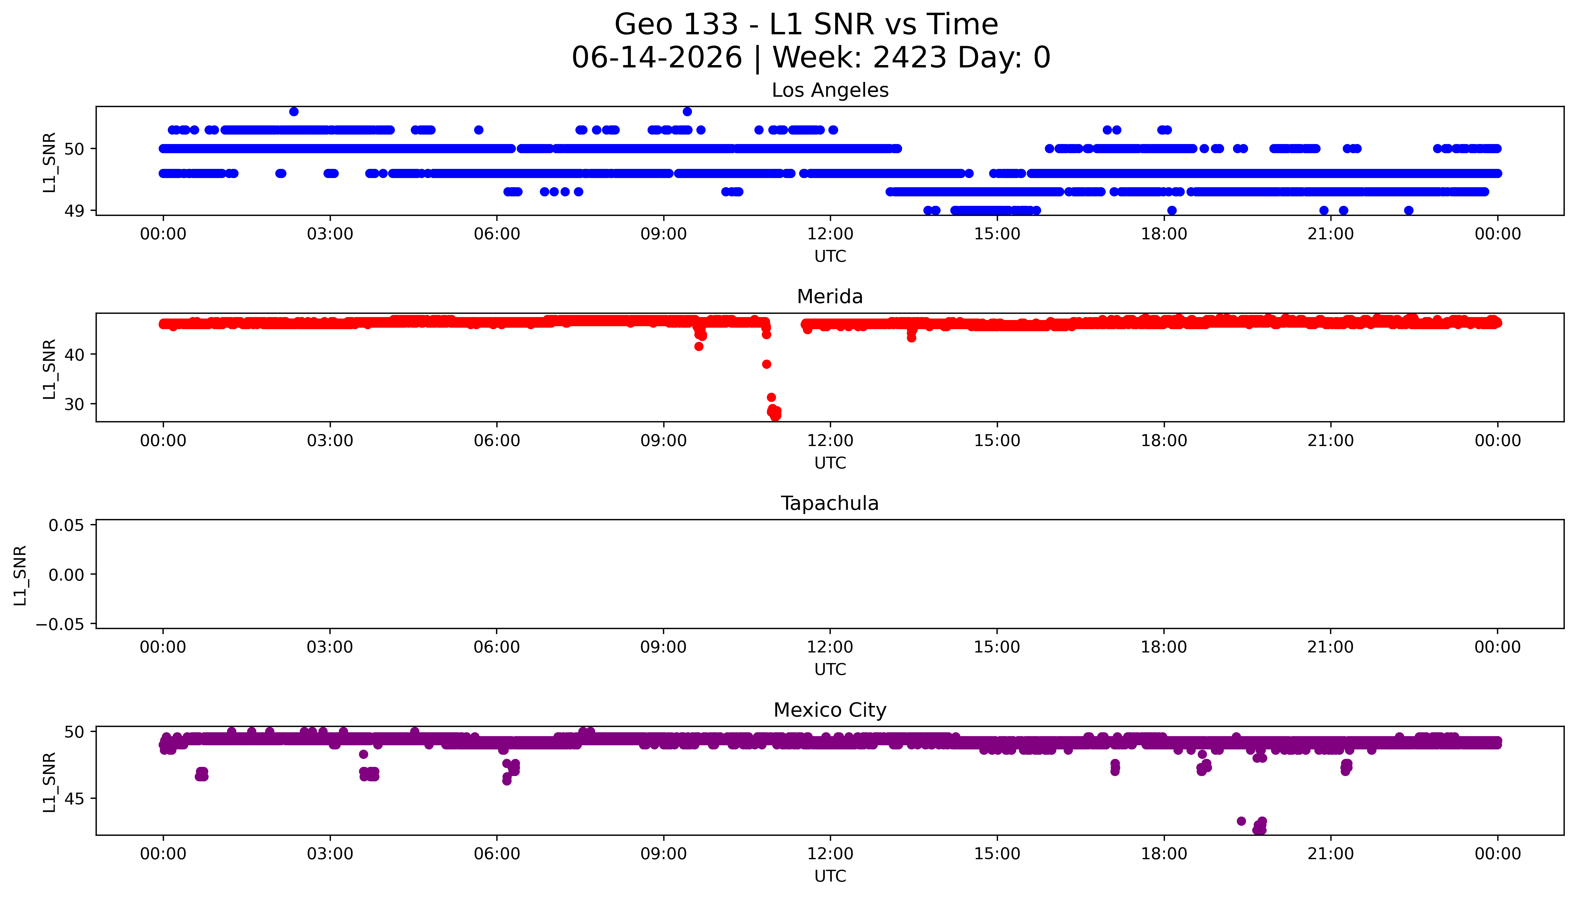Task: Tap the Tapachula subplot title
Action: [830, 503]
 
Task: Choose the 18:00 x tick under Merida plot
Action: [1164, 440]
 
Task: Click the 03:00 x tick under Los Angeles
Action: [330, 234]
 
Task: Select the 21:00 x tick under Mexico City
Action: [1331, 854]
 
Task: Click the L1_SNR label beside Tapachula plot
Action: [20, 575]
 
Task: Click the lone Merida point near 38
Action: [766, 364]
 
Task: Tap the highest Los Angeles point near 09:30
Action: [687, 111]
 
